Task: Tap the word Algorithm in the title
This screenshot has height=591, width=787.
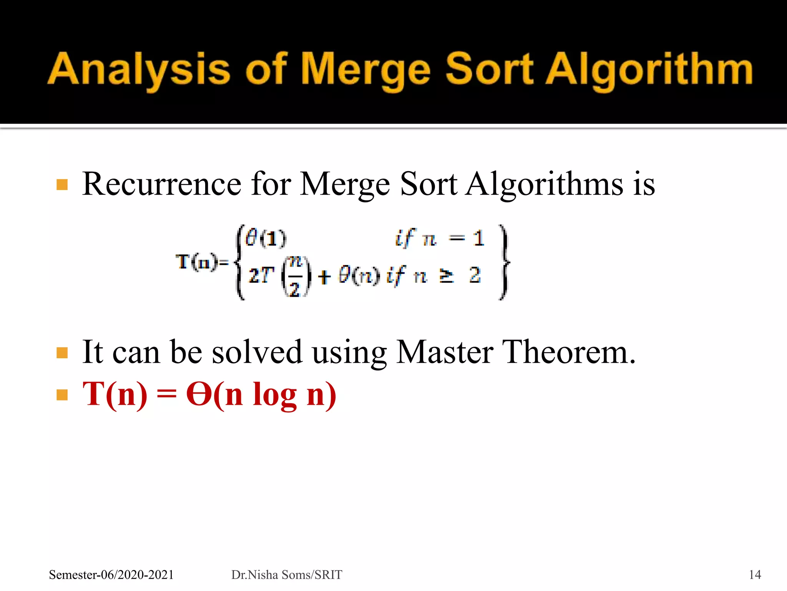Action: (649, 69)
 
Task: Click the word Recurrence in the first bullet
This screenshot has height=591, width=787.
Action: (162, 184)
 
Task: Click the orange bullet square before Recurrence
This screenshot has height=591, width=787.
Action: (62, 185)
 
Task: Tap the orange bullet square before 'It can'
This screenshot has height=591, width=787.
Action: (62, 353)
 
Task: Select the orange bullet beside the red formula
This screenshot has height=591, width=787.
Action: (62, 395)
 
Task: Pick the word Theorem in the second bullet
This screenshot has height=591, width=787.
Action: (568, 352)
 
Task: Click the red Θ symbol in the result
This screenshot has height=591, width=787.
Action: (199, 394)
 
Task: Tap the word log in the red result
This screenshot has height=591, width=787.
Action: (274, 396)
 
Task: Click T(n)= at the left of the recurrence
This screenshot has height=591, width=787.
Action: (202, 262)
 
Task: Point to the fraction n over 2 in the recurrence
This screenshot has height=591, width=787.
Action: (295, 276)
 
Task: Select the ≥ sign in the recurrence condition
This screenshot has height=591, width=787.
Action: (446, 276)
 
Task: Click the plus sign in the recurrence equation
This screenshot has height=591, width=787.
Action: (324, 277)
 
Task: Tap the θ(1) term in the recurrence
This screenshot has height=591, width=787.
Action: (266, 238)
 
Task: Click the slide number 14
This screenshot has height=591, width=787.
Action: (755, 574)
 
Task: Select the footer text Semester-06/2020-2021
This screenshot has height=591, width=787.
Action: (111, 574)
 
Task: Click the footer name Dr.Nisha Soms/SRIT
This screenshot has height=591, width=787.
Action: (286, 574)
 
